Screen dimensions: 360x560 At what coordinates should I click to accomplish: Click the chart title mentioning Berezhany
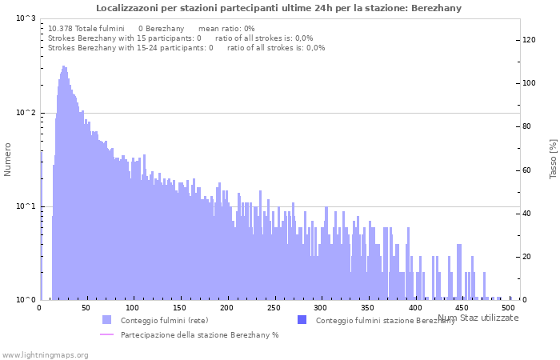tap(278, 8)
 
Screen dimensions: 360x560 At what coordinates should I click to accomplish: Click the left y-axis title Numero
tap(8, 159)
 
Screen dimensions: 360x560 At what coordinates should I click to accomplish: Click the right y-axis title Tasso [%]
tap(553, 158)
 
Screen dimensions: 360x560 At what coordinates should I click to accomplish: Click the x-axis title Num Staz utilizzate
tap(478, 318)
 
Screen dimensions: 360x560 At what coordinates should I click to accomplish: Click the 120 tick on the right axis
tap(529, 39)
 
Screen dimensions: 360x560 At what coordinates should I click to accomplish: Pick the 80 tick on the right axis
tap(526, 126)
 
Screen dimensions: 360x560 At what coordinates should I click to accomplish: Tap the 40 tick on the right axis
tap(526, 213)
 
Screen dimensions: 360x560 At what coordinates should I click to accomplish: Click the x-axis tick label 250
tap(274, 308)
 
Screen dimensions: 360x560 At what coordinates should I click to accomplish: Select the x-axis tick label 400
tap(415, 308)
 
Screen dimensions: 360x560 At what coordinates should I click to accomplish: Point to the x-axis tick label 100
tap(134, 308)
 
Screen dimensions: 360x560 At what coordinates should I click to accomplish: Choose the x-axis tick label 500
tap(509, 308)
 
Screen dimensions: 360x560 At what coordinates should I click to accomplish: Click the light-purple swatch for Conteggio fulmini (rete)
tap(107, 320)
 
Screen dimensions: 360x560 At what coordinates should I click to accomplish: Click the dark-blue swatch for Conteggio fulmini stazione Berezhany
tap(302, 320)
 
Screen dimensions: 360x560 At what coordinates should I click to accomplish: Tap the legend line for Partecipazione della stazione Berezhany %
tap(107, 334)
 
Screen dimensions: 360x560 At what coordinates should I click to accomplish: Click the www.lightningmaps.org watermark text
tap(45, 354)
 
